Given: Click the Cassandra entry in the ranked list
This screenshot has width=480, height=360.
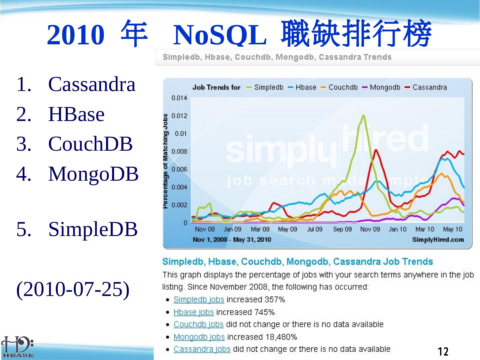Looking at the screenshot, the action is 92,84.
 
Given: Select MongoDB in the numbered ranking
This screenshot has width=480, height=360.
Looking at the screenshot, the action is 93,174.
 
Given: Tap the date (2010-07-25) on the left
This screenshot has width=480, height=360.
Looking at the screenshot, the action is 73,289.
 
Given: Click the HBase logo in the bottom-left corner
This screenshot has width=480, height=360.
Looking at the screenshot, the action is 17,347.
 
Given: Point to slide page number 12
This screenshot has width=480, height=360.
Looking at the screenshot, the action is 443,351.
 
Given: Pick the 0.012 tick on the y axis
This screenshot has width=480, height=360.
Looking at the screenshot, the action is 179,116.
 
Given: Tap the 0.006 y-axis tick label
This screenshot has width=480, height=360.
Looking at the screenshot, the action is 179,169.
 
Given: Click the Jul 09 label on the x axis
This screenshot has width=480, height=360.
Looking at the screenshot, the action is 315,229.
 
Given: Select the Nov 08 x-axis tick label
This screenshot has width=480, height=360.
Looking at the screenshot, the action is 205,229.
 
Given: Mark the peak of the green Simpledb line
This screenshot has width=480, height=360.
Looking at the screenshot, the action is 363,115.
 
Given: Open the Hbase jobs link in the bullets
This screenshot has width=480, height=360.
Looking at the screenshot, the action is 194,312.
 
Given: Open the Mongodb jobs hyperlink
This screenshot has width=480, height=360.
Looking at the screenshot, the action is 199,337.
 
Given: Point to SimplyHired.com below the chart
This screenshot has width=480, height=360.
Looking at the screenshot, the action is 438,240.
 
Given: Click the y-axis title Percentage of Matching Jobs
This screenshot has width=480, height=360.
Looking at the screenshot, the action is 166,161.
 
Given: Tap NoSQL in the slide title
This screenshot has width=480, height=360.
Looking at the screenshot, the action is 220,35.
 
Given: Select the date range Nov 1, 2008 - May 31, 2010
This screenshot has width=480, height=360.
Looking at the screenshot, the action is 232,240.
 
